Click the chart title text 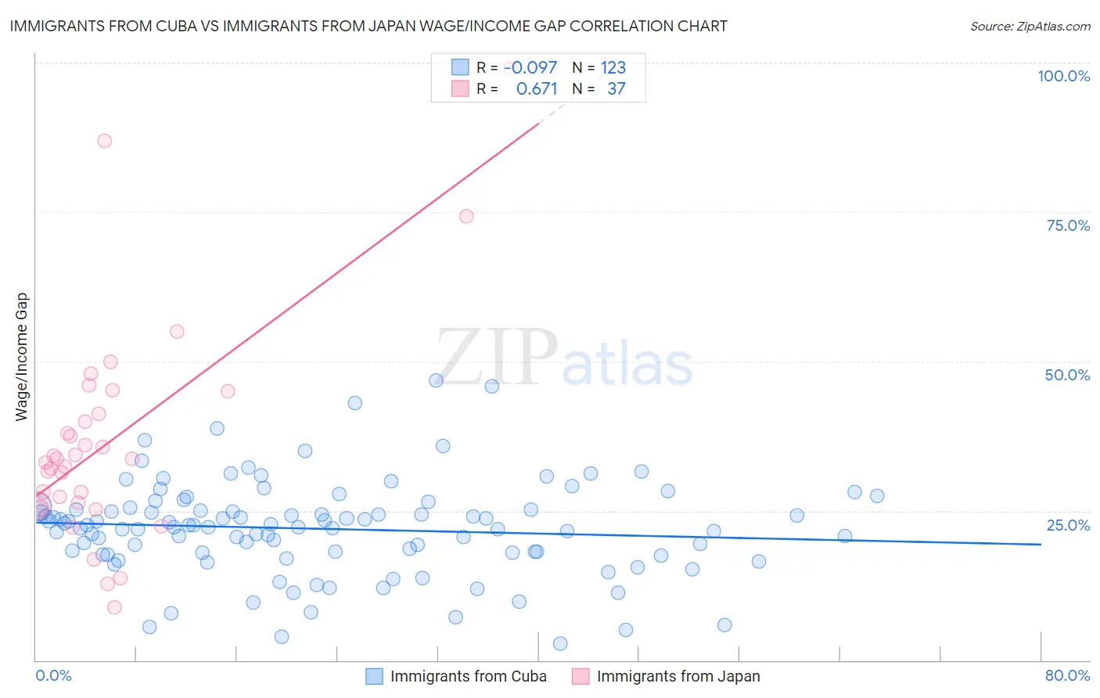coord(368,26)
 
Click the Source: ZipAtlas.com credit coord(1030,26)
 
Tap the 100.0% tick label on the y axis coord(1063,76)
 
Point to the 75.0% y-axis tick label coord(1068,225)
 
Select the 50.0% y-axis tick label coord(1067,375)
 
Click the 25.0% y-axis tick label coord(1068,525)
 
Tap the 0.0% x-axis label coord(53,675)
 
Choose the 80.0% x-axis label coord(1067,675)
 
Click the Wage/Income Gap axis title coord(22,357)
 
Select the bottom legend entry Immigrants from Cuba coord(468,676)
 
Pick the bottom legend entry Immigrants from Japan coord(678,676)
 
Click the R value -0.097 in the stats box coord(531,67)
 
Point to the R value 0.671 coord(537,88)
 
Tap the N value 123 coord(613,67)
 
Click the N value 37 coord(617,88)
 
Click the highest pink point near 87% coord(104,141)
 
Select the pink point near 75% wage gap coord(466,216)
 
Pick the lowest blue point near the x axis coord(560,643)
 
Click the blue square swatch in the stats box coord(460,67)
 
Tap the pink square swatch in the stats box coord(460,88)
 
